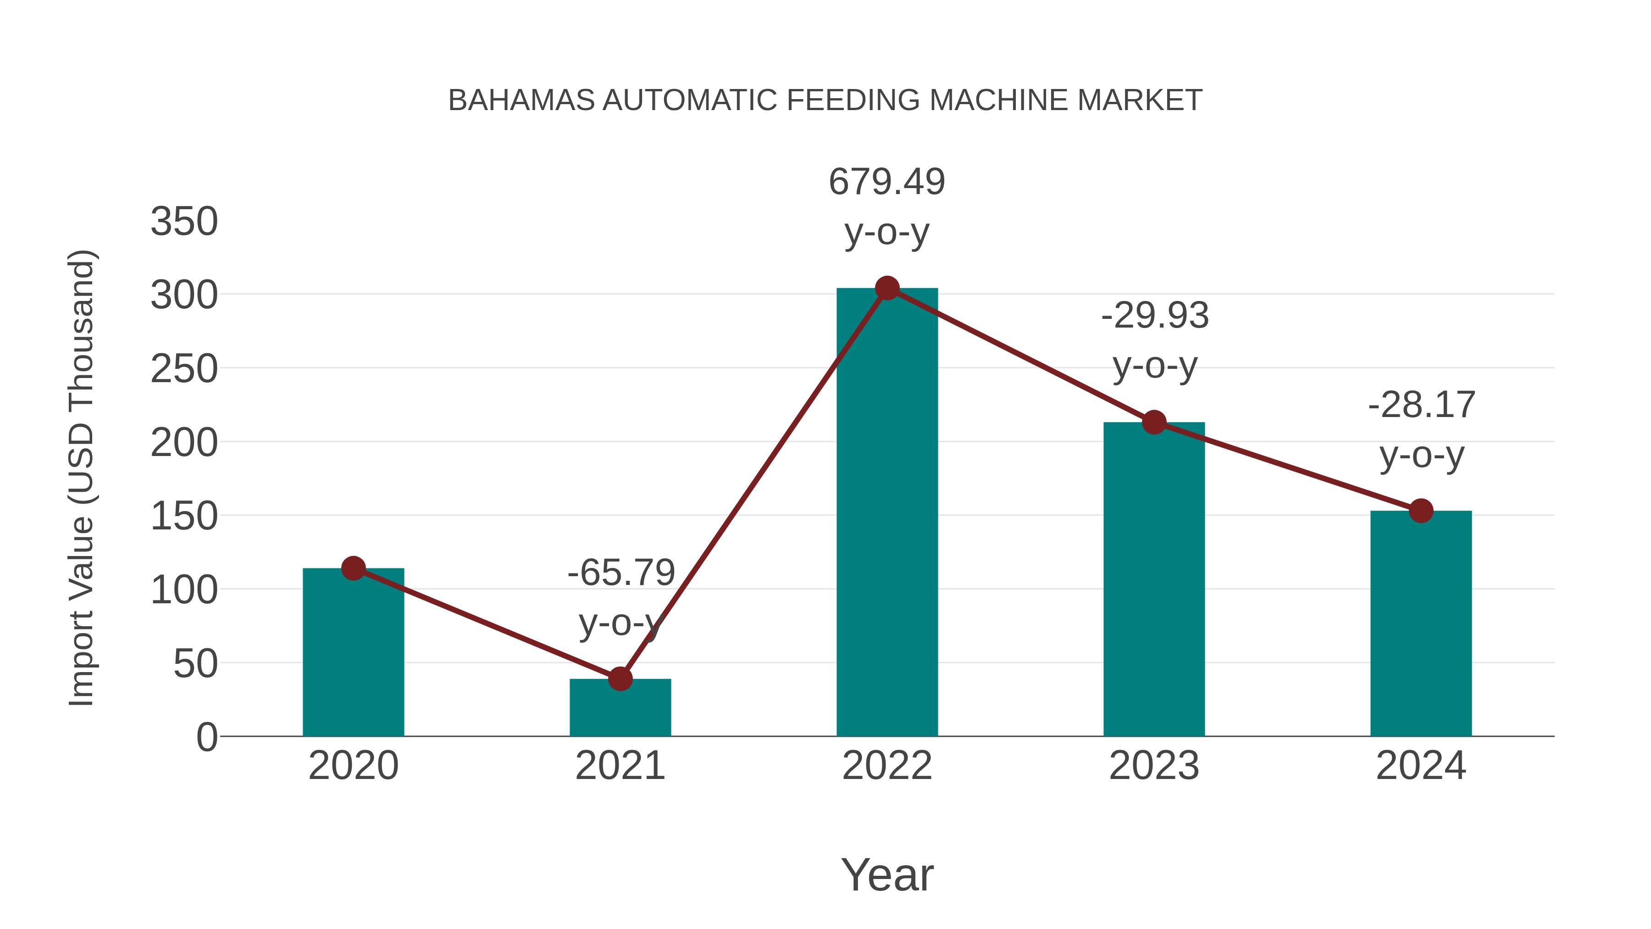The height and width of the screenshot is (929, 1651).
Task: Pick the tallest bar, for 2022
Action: [x=887, y=513]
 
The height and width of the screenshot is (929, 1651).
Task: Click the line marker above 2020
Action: [x=353, y=568]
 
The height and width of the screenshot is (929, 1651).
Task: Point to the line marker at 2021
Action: [x=620, y=679]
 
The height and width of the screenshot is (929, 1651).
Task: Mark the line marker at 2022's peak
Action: [x=887, y=289]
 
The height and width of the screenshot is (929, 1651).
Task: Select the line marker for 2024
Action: [x=1421, y=511]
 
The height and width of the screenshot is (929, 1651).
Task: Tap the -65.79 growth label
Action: [x=621, y=573]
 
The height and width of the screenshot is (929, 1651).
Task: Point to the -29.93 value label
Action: [x=1155, y=316]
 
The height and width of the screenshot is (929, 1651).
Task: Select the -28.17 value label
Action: [x=1422, y=405]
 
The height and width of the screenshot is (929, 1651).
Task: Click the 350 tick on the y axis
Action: [x=184, y=222]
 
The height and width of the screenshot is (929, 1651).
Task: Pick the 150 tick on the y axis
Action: [x=184, y=516]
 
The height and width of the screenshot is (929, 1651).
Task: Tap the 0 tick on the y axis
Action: [x=206, y=737]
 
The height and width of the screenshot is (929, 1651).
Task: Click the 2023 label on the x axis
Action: [x=1154, y=766]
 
